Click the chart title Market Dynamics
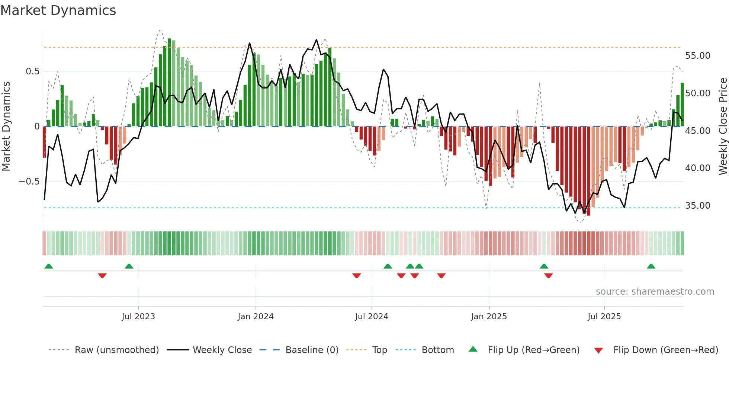click(58, 10)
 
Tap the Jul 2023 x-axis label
click(138, 317)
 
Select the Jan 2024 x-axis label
click(256, 317)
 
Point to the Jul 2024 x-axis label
click(372, 317)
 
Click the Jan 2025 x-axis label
click(489, 317)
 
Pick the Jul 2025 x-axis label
click(604, 317)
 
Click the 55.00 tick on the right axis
click(697, 56)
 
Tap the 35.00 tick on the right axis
click(697, 206)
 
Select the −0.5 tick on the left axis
click(29, 182)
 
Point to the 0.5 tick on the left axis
click(32, 71)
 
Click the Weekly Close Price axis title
click(723, 126)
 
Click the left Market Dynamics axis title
click(6, 126)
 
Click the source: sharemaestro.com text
click(655, 292)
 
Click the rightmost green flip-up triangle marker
click(651, 266)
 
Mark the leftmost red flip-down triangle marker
click(102, 276)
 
